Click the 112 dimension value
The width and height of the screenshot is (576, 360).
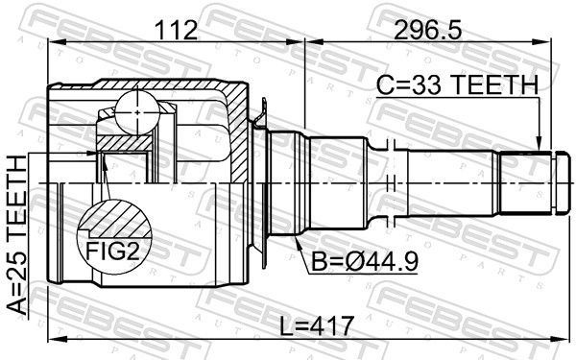176,30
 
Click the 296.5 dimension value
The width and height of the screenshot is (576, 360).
427,30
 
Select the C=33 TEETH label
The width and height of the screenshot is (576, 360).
457,84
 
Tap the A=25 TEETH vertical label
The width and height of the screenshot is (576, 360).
16,235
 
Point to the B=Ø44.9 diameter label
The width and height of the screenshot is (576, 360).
365,261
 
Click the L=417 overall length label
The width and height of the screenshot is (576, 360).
317,325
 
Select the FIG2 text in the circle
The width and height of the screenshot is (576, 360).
113,252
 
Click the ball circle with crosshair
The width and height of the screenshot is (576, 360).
137,112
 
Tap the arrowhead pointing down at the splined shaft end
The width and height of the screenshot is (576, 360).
539,144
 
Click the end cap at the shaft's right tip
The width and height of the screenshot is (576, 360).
564,182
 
